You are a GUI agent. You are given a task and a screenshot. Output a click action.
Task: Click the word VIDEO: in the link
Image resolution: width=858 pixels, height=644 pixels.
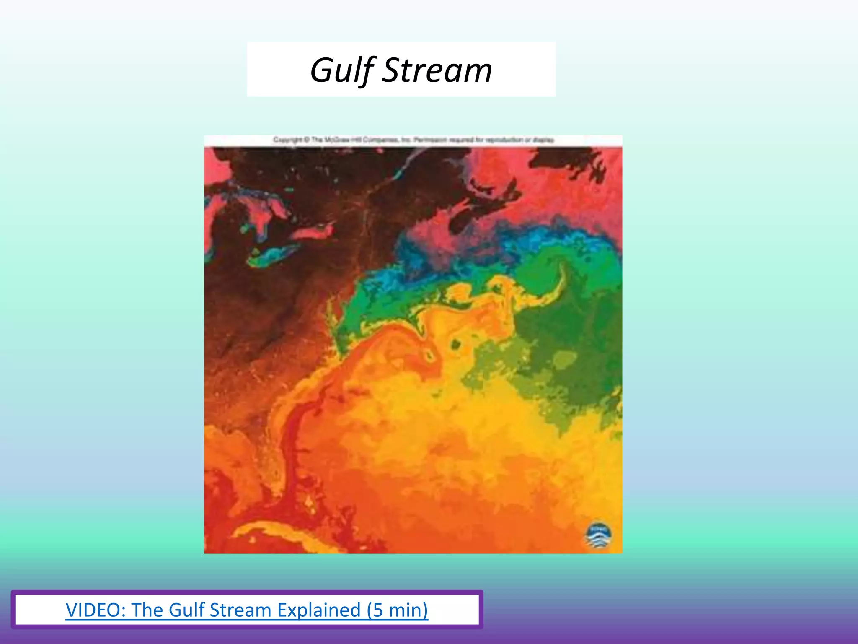tap(96, 610)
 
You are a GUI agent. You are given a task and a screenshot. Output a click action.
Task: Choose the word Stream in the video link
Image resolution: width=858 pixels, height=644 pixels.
tap(240, 610)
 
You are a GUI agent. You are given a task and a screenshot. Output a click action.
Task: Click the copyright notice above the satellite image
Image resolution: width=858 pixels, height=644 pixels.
tap(413, 140)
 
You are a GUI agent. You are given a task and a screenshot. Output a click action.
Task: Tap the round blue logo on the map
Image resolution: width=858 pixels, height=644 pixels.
tap(598, 535)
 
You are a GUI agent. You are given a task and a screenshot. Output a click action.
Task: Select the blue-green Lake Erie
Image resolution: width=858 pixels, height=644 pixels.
tap(272, 254)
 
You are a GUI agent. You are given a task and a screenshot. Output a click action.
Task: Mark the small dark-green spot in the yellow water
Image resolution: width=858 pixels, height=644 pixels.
tap(455, 345)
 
